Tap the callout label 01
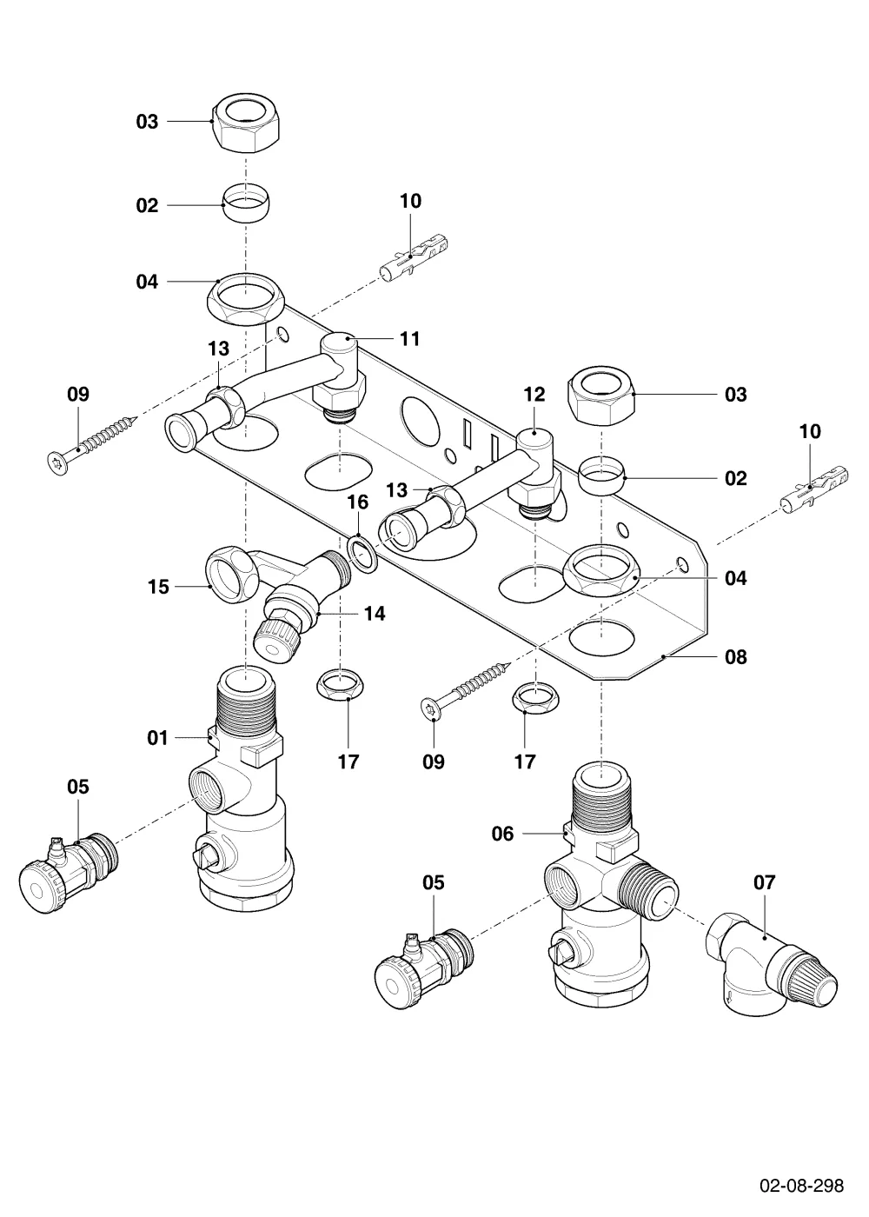[x=157, y=738]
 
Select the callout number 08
[x=736, y=657]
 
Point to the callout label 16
[x=358, y=502]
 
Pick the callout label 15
[x=158, y=587]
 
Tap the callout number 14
[x=375, y=614]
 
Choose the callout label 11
[x=410, y=339]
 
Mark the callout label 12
[x=534, y=395]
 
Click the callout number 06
[x=502, y=834]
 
